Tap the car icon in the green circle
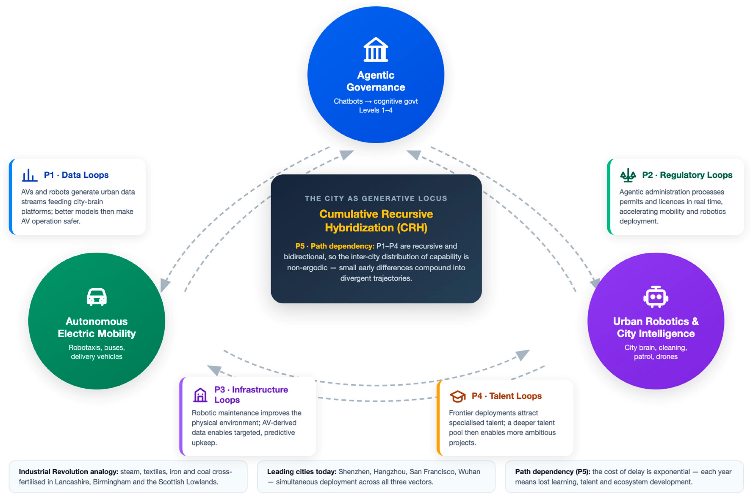click(97, 297)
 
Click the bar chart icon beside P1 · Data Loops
click(30, 175)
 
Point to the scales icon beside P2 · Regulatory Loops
click(628, 175)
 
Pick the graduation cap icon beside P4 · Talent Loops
click(458, 396)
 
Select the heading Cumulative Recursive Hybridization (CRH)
click(376, 221)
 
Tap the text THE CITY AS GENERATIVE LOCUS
click(376, 198)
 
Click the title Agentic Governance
click(376, 81)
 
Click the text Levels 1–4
click(376, 110)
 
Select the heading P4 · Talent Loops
click(507, 396)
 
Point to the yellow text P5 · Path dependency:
click(335, 246)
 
